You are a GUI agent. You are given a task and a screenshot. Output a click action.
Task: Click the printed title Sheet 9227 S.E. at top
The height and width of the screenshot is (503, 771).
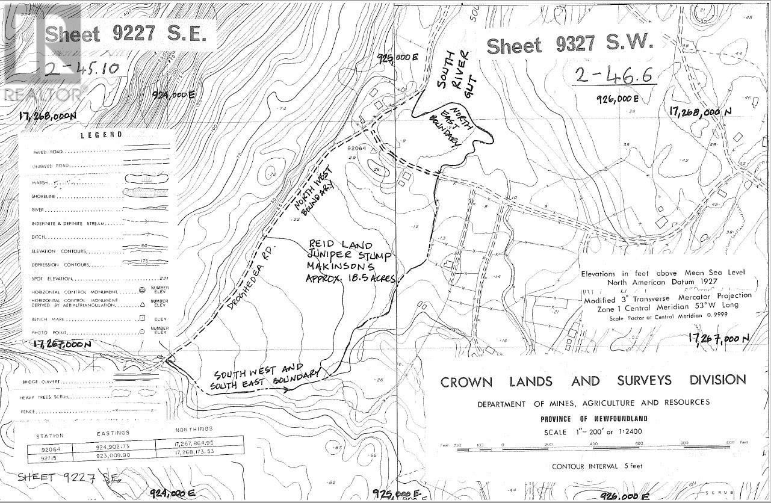click(129, 34)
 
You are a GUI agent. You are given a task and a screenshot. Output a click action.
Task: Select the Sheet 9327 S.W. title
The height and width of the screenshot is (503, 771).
click(569, 45)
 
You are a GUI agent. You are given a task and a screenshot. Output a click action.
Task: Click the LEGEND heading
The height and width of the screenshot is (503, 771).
click(102, 135)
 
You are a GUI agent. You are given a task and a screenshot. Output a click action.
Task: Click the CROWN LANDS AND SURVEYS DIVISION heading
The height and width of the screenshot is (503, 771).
click(593, 381)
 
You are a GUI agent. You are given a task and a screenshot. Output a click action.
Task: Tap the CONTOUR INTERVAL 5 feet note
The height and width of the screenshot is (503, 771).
click(593, 466)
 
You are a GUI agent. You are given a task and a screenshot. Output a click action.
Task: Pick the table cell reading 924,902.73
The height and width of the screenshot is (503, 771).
click(117, 448)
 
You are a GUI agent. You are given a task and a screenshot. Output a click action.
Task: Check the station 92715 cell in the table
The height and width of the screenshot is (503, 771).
click(49, 457)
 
